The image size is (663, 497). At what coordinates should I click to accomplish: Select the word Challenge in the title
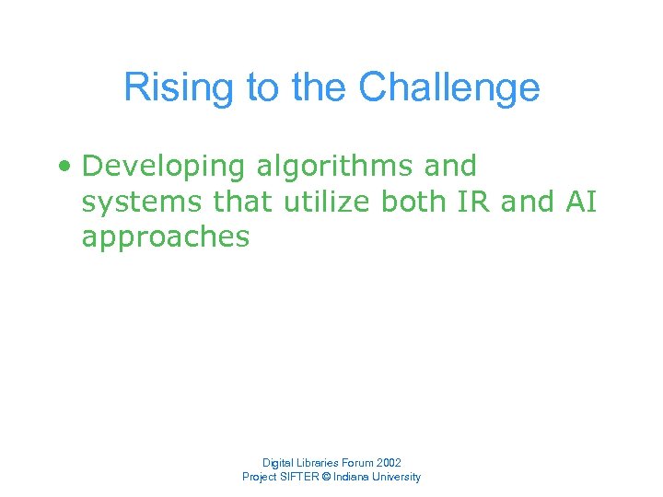pos(448,88)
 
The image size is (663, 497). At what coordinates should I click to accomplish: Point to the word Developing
pos(164,167)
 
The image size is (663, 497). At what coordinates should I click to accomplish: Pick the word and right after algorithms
pos(449,167)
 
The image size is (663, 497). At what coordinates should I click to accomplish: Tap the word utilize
pos(327,202)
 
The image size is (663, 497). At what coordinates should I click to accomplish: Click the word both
pos(413,202)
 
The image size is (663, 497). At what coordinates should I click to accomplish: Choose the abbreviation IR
pos(473,202)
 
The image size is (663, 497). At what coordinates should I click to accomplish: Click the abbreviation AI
pos(582,202)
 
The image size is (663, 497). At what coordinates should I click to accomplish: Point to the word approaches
pos(166,237)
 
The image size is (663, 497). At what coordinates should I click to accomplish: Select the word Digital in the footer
pos(278,462)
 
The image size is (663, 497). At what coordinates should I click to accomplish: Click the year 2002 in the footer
pos(388,462)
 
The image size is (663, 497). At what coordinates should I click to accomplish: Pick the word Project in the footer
pos(260,477)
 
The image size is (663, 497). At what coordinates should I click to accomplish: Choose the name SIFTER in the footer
pos(302,477)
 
